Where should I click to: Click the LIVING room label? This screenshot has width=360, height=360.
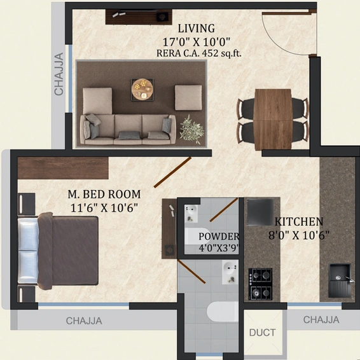pyautogui.click(x=196, y=29)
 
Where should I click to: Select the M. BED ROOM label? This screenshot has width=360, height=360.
pyautogui.click(x=104, y=193)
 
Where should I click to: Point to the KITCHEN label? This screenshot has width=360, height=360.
pyautogui.click(x=299, y=222)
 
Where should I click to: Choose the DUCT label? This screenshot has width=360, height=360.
pyautogui.click(x=262, y=332)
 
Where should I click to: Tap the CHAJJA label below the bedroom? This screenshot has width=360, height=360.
pyautogui.click(x=84, y=321)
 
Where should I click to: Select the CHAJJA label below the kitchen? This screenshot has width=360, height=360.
pyautogui.click(x=321, y=319)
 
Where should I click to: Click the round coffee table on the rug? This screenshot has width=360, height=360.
pyautogui.click(x=141, y=89)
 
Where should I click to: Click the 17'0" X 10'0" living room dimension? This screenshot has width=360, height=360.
pyautogui.click(x=196, y=41)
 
